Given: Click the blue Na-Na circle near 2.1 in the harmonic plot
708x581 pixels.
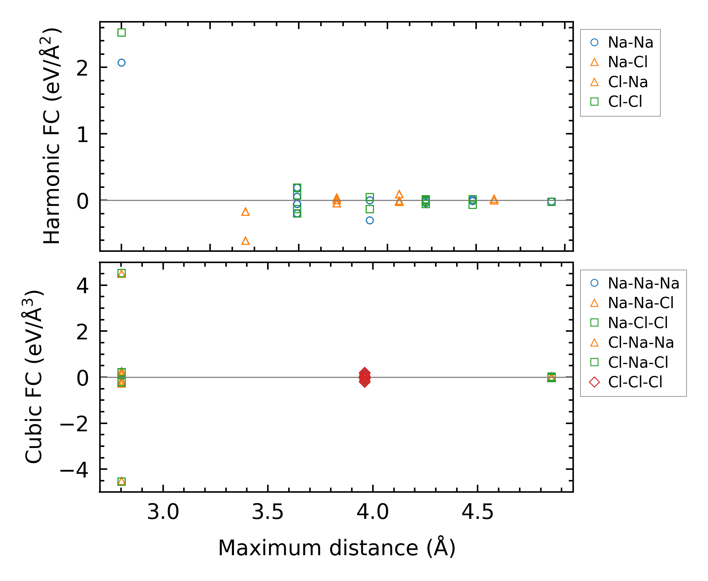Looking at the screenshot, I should (x=121, y=63).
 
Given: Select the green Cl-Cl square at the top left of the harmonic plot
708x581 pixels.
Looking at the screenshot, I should (x=121, y=33).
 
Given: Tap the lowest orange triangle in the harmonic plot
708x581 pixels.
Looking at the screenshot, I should (x=245, y=241).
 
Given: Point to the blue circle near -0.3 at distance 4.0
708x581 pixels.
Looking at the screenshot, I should (x=370, y=221).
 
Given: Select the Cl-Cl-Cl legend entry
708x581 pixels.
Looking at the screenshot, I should (x=635, y=382).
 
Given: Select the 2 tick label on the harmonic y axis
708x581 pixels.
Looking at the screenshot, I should (x=83, y=68).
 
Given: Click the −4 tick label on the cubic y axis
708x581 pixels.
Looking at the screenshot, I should (x=74, y=471).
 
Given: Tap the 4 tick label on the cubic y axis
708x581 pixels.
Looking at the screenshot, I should (x=83, y=286).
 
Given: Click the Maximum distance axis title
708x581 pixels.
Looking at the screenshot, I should (x=337, y=548).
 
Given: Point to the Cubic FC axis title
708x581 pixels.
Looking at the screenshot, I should (x=33, y=376).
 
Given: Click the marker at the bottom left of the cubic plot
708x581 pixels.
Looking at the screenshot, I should (x=121, y=481).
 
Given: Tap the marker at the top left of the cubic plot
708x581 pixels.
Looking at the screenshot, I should (x=121, y=273).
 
